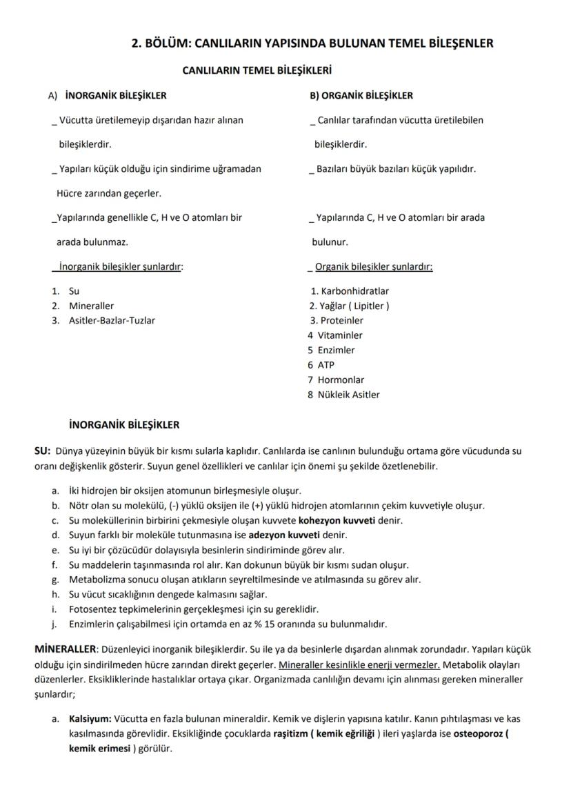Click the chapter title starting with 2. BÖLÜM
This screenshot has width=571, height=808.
pyautogui.click(x=312, y=43)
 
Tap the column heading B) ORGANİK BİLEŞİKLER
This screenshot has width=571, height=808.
pyautogui.click(x=361, y=95)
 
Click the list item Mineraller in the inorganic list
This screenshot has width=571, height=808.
pyautogui.click(x=91, y=306)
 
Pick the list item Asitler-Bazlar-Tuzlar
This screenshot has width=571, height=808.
pyautogui.click(x=112, y=320)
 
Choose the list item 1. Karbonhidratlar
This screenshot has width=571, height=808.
pyautogui.click(x=350, y=291)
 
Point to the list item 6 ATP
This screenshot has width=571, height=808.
pyautogui.click(x=321, y=365)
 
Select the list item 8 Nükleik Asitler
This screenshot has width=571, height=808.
pyautogui.click(x=343, y=395)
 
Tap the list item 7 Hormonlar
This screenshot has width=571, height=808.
pyautogui.click(x=336, y=380)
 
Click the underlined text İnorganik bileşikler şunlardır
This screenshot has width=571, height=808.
pyautogui.click(x=121, y=266)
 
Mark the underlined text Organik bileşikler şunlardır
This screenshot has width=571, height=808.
pyautogui.click(x=373, y=266)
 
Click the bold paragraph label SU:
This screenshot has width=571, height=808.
pyautogui.click(x=42, y=451)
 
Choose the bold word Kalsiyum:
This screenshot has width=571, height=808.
pyautogui.click(x=90, y=718)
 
